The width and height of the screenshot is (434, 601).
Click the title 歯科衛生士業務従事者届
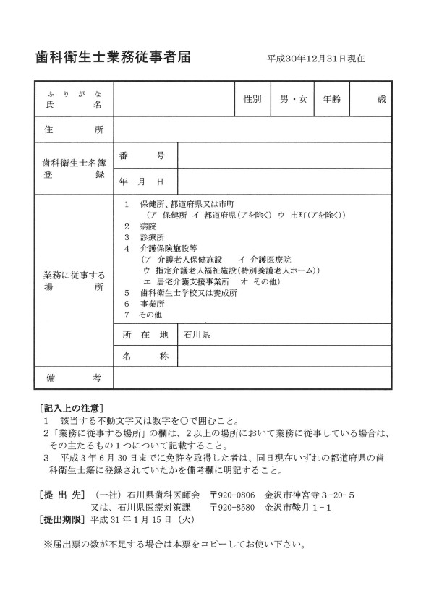[x=113, y=57]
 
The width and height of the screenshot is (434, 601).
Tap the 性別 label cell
[x=252, y=99]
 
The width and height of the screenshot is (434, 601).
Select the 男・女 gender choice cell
[x=294, y=99]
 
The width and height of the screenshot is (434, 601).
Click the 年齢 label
[x=333, y=99]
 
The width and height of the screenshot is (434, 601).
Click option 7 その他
[x=144, y=315]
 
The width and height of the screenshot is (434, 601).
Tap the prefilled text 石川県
[x=197, y=335]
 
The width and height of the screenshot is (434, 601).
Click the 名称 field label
[x=144, y=357]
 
